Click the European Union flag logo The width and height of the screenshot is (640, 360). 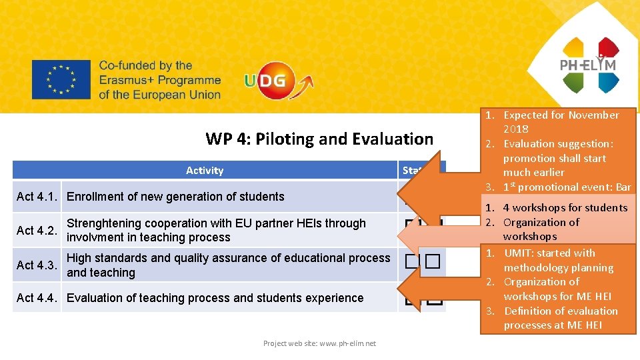point(61,80)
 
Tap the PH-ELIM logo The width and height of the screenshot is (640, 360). point(589,65)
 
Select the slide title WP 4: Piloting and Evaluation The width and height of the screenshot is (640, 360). point(319,139)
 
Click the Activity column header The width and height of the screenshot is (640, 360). point(205,171)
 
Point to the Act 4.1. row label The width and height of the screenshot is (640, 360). point(37,197)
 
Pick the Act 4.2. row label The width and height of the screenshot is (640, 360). point(37,231)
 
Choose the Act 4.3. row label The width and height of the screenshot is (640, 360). point(37,265)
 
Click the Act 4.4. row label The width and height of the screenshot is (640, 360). point(37,298)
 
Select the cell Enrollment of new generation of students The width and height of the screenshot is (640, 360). point(175,197)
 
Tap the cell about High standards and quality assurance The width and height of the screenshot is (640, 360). point(229,265)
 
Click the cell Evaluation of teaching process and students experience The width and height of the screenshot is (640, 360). point(215,298)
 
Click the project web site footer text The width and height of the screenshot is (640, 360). point(319,343)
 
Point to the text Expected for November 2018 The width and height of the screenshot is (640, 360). point(560,122)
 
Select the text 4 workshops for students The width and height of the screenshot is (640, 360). point(565,208)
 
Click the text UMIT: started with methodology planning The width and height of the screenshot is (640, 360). point(558,260)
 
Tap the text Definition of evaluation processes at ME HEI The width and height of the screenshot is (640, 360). point(561,318)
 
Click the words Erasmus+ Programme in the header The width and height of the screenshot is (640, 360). point(159,80)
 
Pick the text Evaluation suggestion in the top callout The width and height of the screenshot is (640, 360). point(558,144)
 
